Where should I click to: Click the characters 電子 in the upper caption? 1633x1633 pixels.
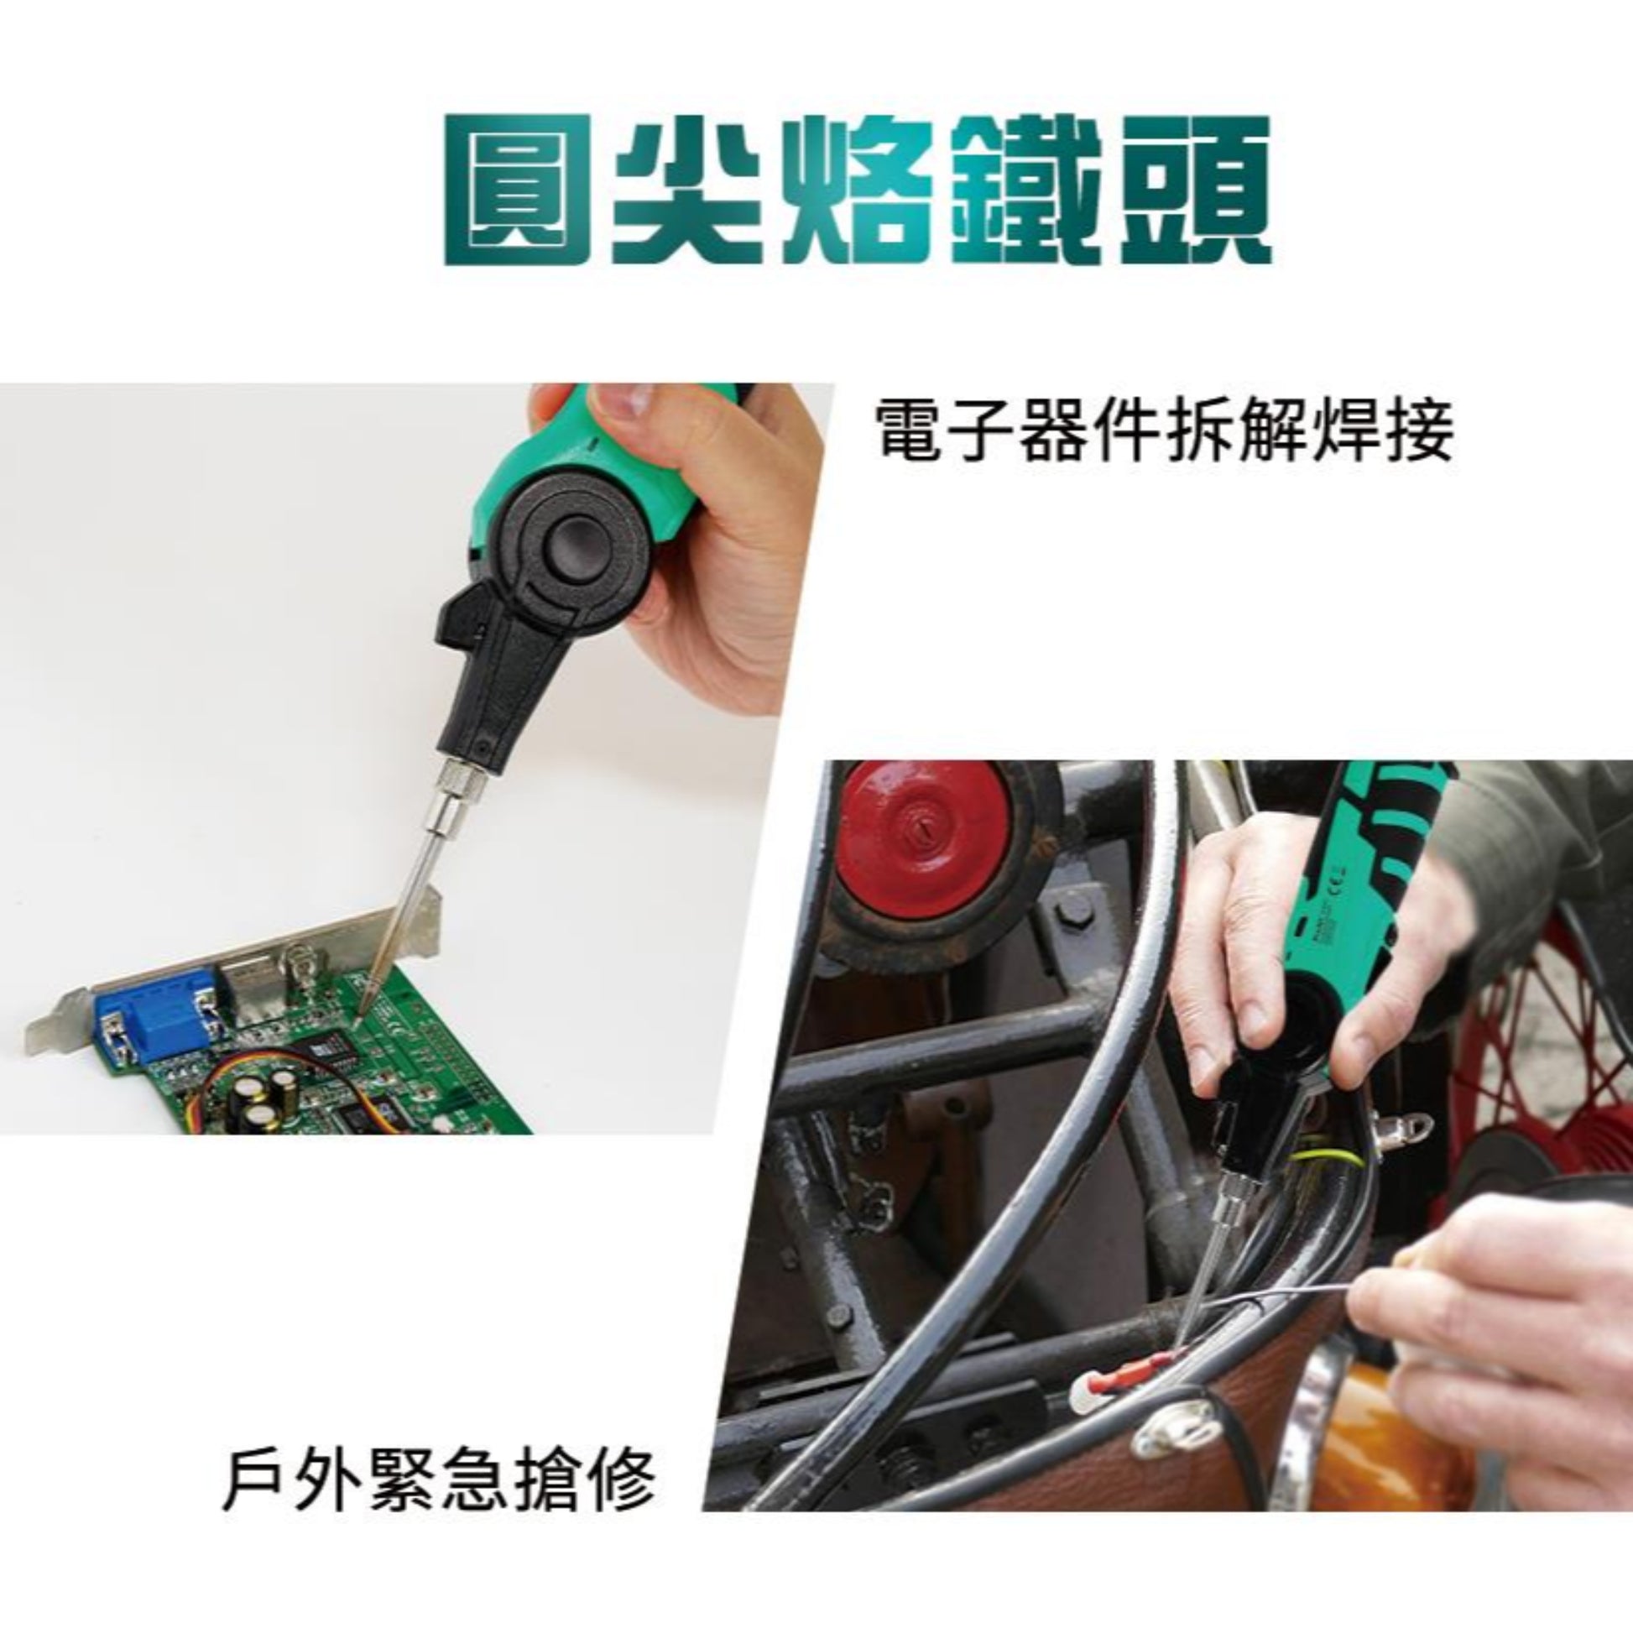pos(947,430)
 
